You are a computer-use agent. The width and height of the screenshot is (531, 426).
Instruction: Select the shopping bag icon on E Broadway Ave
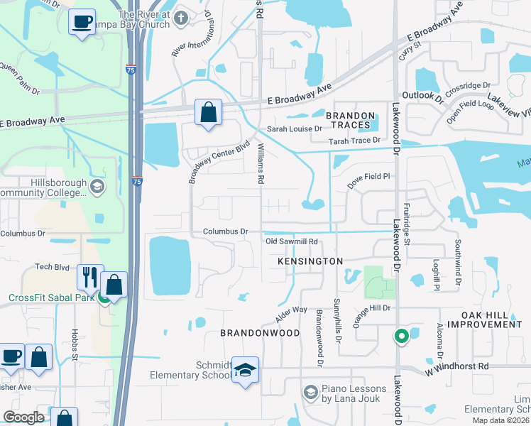tap(208, 112)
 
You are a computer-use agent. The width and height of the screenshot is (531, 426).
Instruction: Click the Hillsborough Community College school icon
tap(97, 187)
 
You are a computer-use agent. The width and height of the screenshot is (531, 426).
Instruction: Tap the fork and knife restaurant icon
tap(90, 277)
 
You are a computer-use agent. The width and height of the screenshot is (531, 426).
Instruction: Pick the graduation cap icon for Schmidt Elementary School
tap(245, 370)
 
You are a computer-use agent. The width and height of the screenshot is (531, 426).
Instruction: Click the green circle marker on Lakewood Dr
tap(401, 336)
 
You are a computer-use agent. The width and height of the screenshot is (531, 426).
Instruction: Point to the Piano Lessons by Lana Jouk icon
tap(310, 393)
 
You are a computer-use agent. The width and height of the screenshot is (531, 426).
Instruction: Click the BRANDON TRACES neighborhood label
tap(349, 120)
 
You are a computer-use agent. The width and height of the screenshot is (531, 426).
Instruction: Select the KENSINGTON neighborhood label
tap(310, 261)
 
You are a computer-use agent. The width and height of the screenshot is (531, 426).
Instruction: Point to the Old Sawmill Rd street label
tap(290, 242)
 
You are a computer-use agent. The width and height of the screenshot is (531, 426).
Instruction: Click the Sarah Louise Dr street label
tap(294, 129)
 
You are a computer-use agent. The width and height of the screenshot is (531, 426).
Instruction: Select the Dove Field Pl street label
tap(369, 176)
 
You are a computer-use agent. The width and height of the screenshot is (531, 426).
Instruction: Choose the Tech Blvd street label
tap(52, 267)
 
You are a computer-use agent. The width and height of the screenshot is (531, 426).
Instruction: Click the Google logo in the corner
tap(23, 417)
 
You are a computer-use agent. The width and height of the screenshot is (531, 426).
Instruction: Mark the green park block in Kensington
tap(379, 283)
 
